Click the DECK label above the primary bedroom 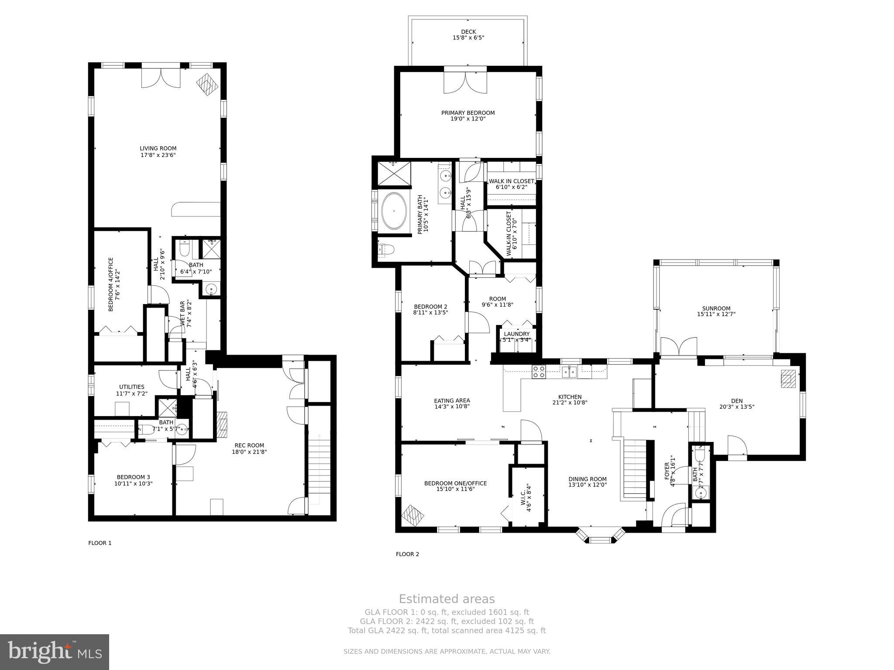[468, 31]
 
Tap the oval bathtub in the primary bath [394, 211]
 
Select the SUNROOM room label [716, 308]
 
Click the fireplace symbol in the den [788, 378]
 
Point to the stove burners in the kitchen [538, 372]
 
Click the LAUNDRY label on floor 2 [516, 334]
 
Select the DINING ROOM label [587, 479]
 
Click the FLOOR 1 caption [100, 543]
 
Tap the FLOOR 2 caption [407, 554]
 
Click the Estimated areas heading [447, 599]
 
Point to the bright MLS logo [55, 652]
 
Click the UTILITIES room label [131, 387]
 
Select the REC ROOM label [249, 445]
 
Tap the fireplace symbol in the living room [208, 84]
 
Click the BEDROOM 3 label [133, 477]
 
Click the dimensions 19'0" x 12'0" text [468, 119]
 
